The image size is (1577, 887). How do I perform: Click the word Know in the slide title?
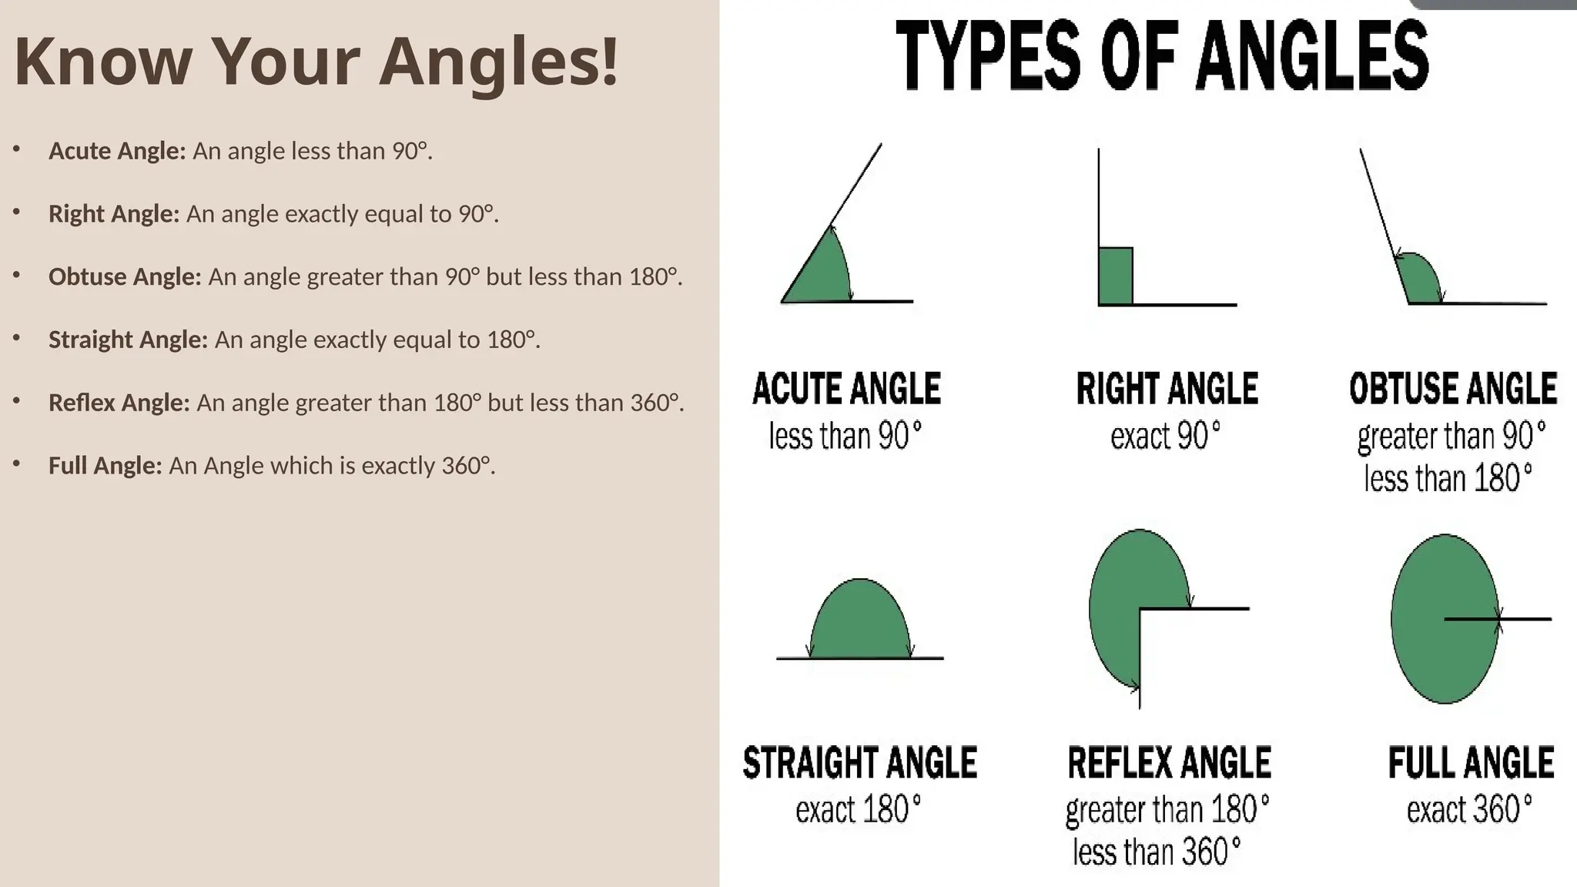[x=102, y=62]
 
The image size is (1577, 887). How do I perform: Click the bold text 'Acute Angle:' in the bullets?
[x=117, y=151]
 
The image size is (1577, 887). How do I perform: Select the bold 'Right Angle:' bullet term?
[x=114, y=213]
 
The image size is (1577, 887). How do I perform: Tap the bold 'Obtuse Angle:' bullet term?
[x=125, y=276]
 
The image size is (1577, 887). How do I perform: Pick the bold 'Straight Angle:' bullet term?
[x=128, y=340]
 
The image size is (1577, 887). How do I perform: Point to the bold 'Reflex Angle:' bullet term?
[x=119, y=403]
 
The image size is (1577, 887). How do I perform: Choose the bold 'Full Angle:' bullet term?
[x=105, y=466]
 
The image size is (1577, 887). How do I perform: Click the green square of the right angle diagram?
[x=1116, y=276]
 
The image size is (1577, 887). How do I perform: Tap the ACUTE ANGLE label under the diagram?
[x=846, y=389]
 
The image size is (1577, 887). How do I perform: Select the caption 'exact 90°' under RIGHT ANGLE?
[x=1165, y=437]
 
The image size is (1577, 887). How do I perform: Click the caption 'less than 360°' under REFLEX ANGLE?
[x=1157, y=852]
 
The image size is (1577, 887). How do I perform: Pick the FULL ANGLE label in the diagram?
[x=1471, y=763]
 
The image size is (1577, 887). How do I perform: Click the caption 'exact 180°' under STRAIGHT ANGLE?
[x=859, y=810]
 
